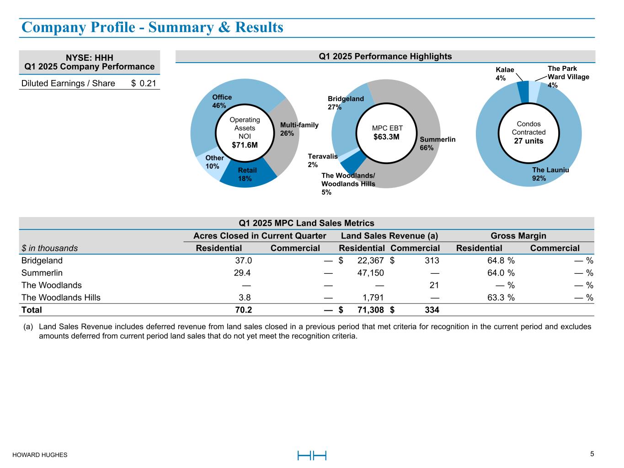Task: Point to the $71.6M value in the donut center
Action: click(245, 145)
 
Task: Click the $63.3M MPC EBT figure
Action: click(386, 137)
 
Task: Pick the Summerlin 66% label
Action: click(437, 144)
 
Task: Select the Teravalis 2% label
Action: click(323, 160)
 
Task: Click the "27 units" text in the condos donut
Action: click(528, 141)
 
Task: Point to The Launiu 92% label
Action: click(550, 174)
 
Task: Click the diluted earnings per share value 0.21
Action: click(147, 83)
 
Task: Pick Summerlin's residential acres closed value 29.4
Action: click(242, 273)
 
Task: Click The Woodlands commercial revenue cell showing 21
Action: click(434, 285)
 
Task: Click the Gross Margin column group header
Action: click(518, 236)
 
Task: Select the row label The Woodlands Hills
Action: click(61, 298)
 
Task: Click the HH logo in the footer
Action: click(312, 455)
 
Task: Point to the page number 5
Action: click(592, 454)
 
